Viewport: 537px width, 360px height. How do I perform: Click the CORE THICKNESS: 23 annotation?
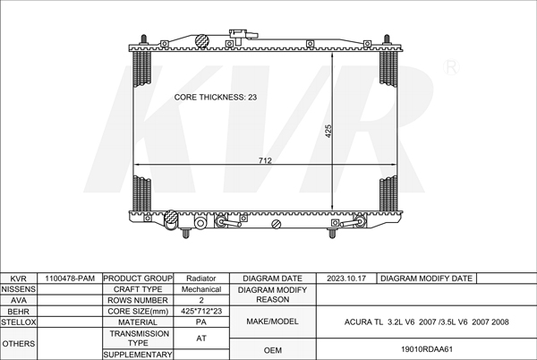[x=216, y=98]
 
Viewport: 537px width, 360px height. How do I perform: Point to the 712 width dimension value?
[x=265, y=160]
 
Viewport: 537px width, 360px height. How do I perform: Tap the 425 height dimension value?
[x=328, y=131]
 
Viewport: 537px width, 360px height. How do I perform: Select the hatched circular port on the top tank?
[x=202, y=41]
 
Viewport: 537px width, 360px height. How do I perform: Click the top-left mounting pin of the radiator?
[x=144, y=39]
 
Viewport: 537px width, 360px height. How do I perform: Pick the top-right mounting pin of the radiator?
[x=387, y=39]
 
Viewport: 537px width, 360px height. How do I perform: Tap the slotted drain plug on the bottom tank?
[x=276, y=225]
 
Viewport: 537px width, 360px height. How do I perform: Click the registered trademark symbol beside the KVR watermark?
[x=451, y=67]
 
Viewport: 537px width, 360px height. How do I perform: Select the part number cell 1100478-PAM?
[x=70, y=279]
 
